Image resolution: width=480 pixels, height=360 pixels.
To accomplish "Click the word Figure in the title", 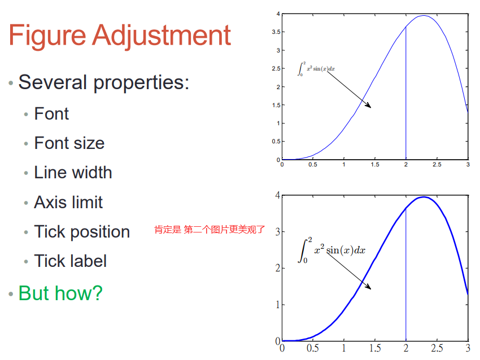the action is pyautogui.click(x=47, y=36).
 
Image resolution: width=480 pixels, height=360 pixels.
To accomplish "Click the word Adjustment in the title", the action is pyautogui.click(x=162, y=36).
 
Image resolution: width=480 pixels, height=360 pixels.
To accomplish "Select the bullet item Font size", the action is pyautogui.click(x=69, y=143).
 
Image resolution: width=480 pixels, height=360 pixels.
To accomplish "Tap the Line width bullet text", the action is pyautogui.click(x=73, y=172).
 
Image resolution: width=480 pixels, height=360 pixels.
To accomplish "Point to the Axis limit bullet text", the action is pyautogui.click(x=68, y=202).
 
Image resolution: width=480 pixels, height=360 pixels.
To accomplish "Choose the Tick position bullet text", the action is pyautogui.click(x=82, y=232).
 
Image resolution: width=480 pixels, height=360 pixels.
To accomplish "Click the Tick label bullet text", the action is pyautogui.click(x=71, y=261).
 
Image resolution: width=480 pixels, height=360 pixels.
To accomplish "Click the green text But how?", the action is pyautogui.click(x=60, y=293).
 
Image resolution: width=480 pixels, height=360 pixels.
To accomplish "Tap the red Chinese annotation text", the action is pyautogui.click(x=210, y=229).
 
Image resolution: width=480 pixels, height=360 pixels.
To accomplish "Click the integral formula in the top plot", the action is pyautogui.click(x=316, y=69).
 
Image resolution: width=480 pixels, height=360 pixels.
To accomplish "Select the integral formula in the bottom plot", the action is pyautogui.click(x=331, y=249).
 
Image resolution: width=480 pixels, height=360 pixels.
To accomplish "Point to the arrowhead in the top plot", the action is pyautogui.click(x=369, y=106).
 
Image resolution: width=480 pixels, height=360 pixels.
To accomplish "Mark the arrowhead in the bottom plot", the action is pyautogui.click(x=369, y=287).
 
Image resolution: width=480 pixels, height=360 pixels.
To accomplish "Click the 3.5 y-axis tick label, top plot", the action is pyautogui.click(x=276, y=32).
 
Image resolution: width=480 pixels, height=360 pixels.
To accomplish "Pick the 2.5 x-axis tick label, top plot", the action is pyautogui.click(x=437, y=165).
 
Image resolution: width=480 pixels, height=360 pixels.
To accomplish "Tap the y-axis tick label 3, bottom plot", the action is pyautogui.click(x=278, y=232).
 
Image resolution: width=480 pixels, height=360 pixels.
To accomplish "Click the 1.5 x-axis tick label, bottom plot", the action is pyautogui.click(x=375, y=348).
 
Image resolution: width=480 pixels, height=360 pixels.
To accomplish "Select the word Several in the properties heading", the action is pyautogui.click(x=53, y=82).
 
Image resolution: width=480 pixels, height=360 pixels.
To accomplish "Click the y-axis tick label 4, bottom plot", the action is pyautogui.click(x=278, y=195).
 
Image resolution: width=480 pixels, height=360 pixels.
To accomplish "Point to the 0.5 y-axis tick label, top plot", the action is pyautogui.click(x=276, y=141).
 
